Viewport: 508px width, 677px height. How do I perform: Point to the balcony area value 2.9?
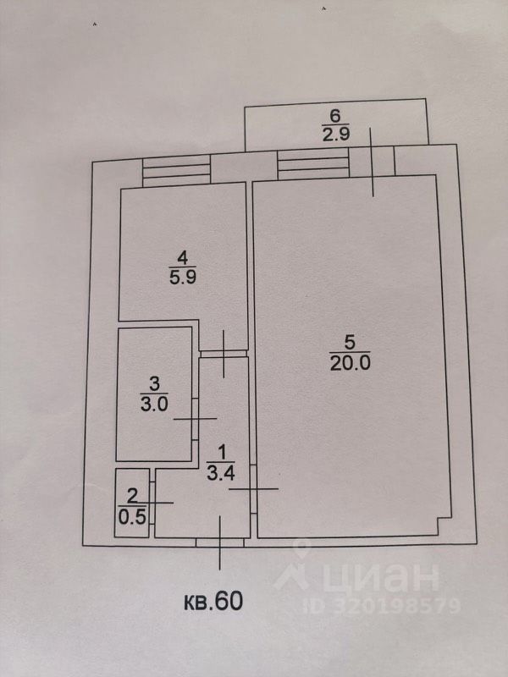coord(334,134)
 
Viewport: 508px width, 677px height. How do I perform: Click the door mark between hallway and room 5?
coord(253,489)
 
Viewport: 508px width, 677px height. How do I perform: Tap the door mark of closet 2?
coord(152,503)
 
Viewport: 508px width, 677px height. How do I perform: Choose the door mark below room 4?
coord(224,352)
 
